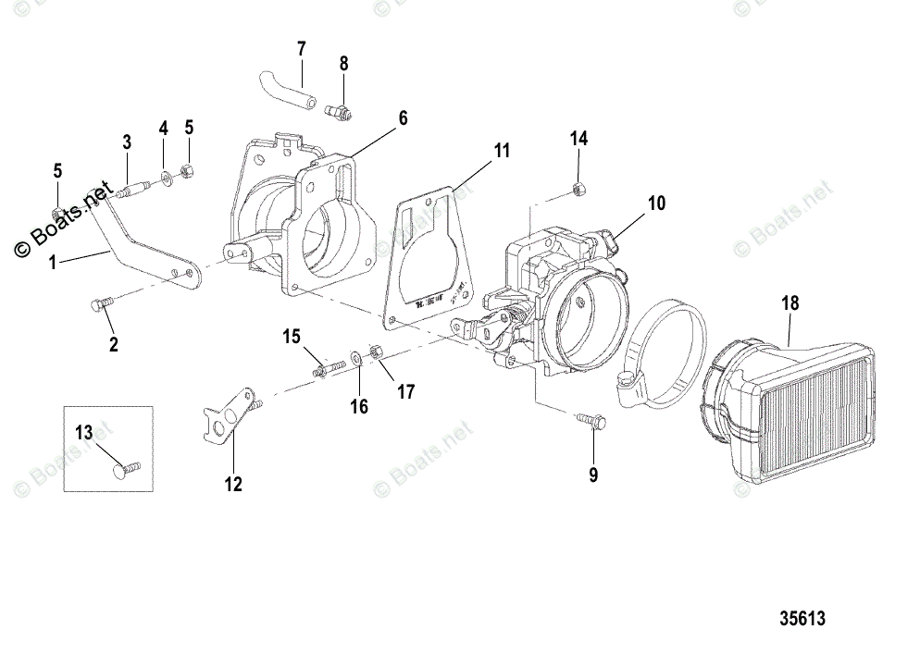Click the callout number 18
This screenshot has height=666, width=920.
789,302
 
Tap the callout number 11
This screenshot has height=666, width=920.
501,150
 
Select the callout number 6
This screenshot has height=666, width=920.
403,117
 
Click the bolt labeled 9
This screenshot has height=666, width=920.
590,423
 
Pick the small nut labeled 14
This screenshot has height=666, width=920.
578,190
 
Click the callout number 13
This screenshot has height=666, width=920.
83,431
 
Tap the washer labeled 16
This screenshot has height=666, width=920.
356,357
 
